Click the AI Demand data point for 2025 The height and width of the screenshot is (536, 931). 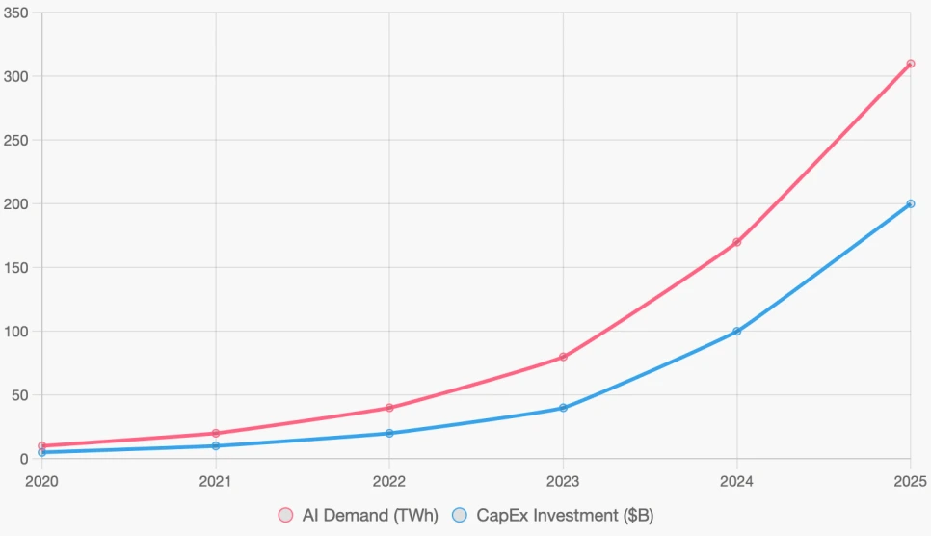(910, 64)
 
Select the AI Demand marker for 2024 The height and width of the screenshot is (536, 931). (736, 242)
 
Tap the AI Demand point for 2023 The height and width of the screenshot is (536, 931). (563, 357)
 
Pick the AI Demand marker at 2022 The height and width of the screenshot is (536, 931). (389, 408)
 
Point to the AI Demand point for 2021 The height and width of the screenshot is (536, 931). (216, 433)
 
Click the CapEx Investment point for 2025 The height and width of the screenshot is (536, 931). (910, 203)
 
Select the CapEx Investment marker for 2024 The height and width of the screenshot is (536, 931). (736, 331)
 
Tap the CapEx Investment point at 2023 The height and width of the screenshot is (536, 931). (563, 408)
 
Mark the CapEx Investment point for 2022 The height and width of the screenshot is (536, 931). (389, 433)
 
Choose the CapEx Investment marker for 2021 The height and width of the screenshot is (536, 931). (216, 445)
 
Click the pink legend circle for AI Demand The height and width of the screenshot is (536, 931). (285, 516)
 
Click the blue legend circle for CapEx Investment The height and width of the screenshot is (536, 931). (460, 516)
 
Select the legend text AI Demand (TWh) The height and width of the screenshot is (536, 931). (370, 516)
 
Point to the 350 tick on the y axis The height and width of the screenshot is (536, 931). (16, 13)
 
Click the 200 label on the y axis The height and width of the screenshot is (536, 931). (16, 203)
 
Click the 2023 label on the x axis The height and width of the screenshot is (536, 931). (563, 480)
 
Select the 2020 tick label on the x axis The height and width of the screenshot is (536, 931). (41, 480)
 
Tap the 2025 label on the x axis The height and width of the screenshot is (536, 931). (910, 480)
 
